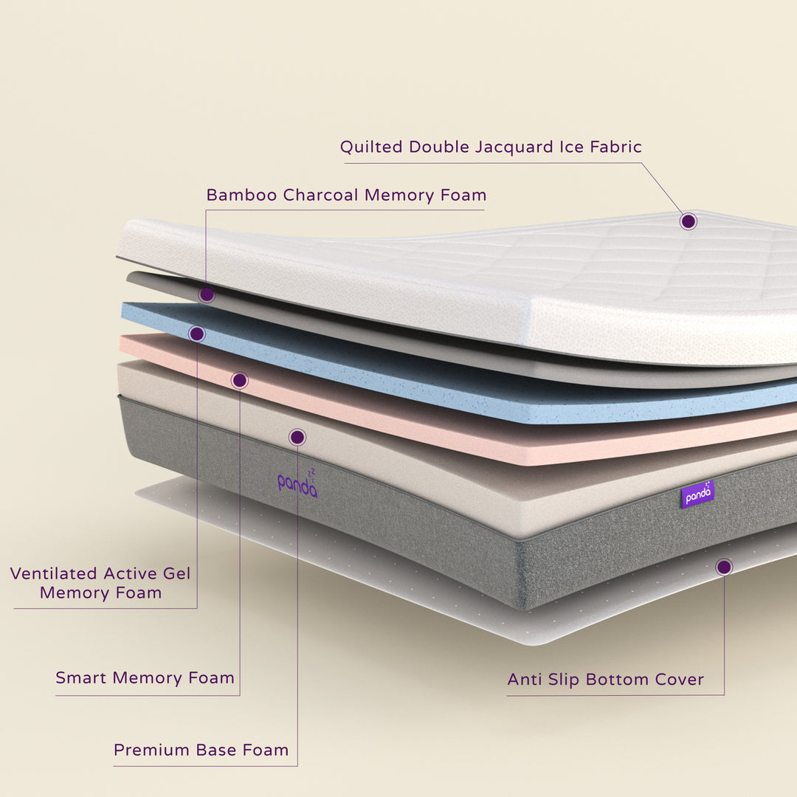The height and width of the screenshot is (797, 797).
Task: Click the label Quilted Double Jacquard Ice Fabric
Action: coord(491,148)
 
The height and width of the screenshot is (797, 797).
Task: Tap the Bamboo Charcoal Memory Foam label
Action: coord(346,195)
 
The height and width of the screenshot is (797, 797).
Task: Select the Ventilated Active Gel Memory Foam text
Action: coord(100,583)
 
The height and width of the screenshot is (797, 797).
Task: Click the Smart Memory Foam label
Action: coord(145,678)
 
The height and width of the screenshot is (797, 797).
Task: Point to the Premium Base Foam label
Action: coord(201,750)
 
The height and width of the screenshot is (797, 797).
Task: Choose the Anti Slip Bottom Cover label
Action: coord(605,680)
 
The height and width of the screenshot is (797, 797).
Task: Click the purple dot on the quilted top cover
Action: coord(689,221)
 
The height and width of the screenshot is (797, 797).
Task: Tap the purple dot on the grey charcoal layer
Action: coord(207,294)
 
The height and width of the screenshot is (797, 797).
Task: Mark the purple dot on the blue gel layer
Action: coord(197,334)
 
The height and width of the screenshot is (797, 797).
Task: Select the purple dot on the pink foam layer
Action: coord(239,380)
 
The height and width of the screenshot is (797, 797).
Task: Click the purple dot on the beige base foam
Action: coord(297,437)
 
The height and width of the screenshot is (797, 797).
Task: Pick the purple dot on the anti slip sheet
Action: coord(724,567)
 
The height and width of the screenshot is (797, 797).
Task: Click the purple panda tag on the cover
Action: coord(698,494)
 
